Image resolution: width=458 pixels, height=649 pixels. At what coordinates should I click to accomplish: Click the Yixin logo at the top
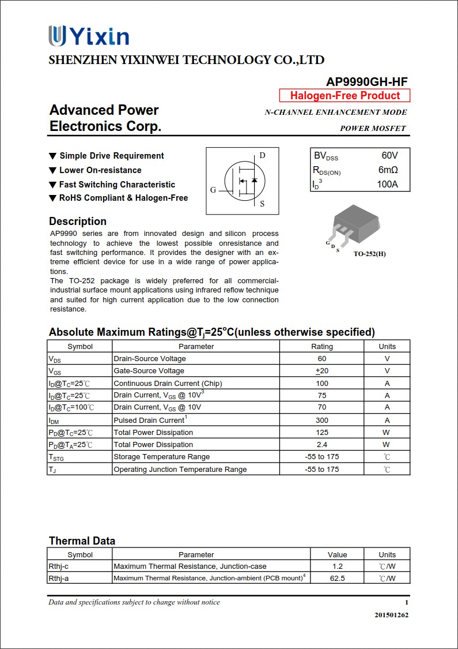pos(89,36)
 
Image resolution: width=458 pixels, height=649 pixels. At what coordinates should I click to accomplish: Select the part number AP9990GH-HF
pos(366,82)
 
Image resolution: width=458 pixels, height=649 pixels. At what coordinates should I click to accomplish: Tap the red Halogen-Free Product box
pos(345,96)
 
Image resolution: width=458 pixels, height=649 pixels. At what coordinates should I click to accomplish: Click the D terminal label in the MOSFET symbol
pos(262,155)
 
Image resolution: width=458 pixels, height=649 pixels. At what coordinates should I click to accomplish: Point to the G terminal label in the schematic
pos(213,190)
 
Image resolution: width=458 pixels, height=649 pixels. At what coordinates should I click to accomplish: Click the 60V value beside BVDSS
pos(389,156)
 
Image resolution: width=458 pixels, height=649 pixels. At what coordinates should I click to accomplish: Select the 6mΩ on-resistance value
pos(388,170)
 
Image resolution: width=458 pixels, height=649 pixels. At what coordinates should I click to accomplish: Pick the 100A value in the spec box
pos(387,185)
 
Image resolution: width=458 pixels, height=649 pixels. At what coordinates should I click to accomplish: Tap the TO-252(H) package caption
pos(369,254)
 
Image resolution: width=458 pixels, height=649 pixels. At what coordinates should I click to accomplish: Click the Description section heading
pos(78,222)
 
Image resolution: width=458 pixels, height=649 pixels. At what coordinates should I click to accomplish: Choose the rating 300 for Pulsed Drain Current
pos(321,420)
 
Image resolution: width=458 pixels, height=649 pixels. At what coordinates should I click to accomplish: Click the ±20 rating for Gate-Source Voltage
pos(321,371)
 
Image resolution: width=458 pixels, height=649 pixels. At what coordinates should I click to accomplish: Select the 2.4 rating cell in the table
pos(321,445)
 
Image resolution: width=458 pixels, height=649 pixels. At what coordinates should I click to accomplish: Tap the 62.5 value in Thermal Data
pos(338,578)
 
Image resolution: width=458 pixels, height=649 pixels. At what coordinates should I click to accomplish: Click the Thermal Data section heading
pos(82,541)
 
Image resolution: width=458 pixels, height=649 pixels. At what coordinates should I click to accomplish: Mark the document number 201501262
pos(391,615)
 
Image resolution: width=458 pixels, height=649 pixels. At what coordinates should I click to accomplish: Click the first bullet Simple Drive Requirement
pos(111,156)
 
